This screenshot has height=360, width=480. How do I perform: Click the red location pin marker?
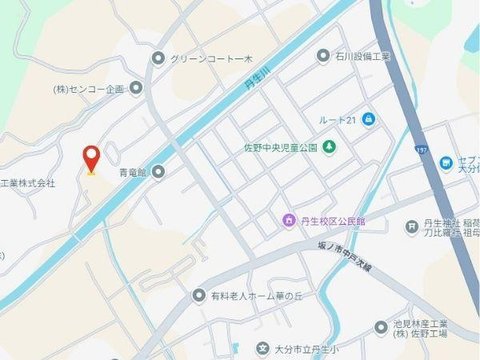[91, 159]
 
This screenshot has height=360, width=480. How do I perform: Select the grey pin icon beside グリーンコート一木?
[158, 58]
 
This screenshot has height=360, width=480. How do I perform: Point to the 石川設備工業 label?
[362, 56]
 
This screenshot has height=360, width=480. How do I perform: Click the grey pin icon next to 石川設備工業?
[323, 56]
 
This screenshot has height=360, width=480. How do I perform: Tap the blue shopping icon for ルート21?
[368, 119]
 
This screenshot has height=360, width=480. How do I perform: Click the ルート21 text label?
[336, 119]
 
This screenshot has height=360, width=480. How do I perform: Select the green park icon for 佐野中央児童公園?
[328, 147]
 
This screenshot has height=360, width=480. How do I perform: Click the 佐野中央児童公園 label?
[281, 148]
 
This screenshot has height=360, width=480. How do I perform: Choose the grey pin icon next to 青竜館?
[158, 170]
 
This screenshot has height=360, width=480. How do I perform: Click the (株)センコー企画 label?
[90, 88]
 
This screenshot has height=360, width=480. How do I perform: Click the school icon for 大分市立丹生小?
[262, 349]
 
